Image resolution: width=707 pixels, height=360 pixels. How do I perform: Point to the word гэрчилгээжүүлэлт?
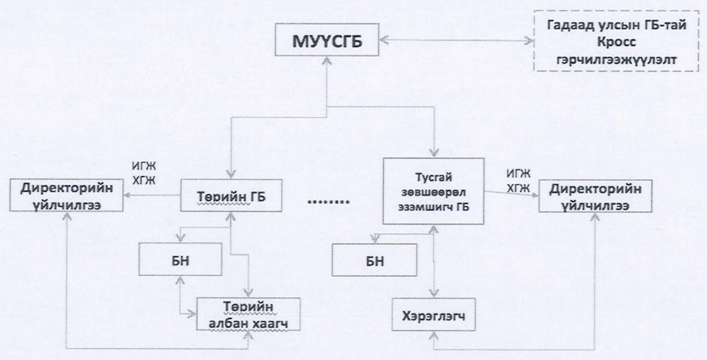[605, 61]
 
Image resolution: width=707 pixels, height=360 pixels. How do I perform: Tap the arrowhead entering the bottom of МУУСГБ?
[325, 62]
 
